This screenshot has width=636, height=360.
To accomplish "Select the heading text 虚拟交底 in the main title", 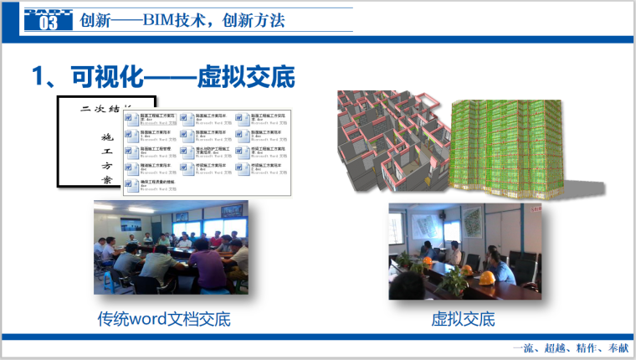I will click(246, 77).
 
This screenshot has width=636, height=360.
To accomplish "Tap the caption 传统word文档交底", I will click(163, 319).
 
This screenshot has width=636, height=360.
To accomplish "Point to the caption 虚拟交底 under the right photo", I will click(463, 319).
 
